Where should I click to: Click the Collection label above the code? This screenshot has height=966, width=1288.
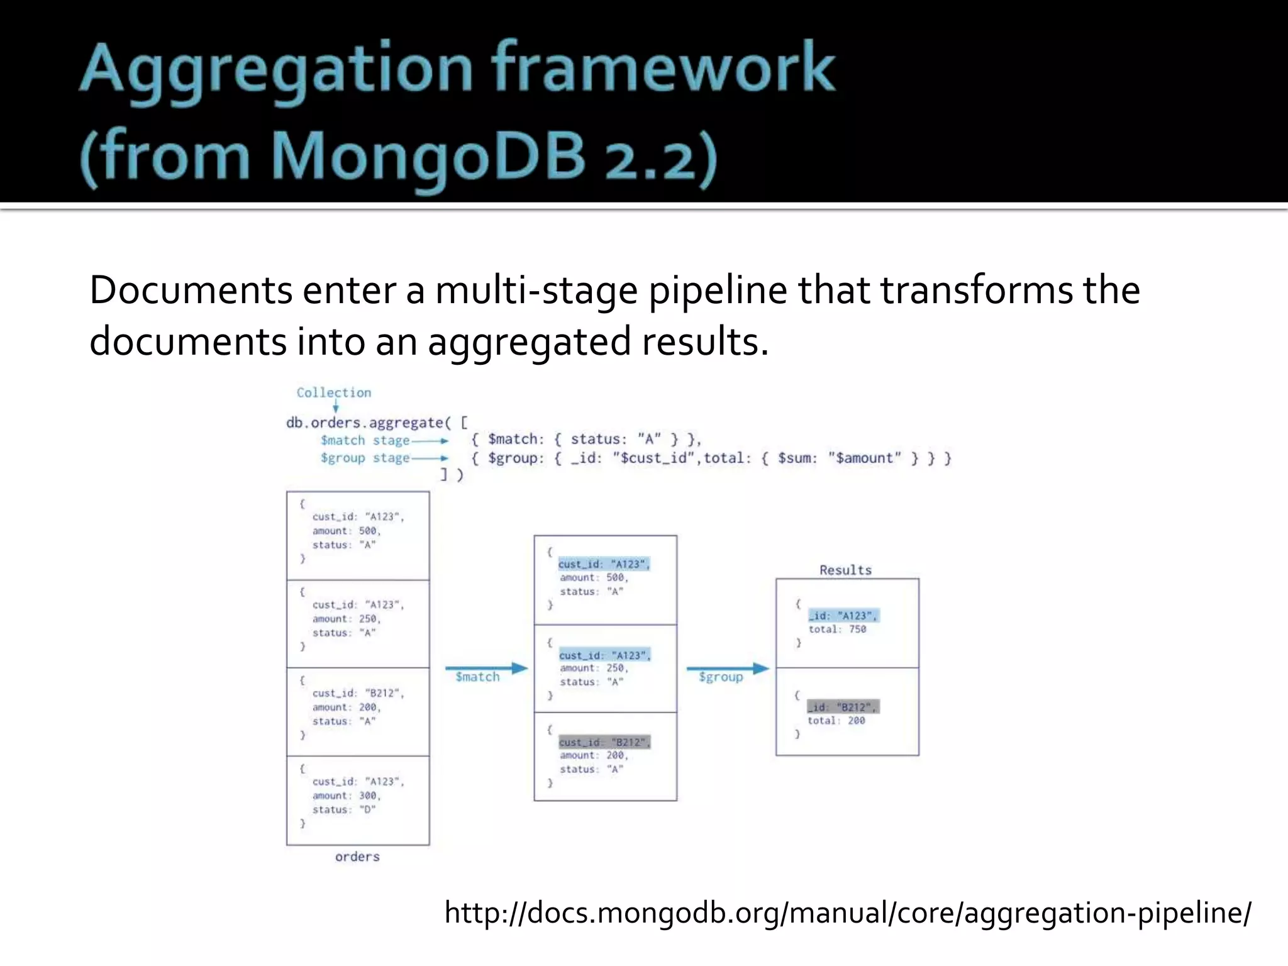click(334, 393)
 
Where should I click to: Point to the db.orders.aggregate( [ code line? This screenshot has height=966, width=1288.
click(377, 423)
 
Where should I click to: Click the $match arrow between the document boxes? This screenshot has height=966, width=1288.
click(486, 668)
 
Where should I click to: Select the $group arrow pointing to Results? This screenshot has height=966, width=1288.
click(728, 668)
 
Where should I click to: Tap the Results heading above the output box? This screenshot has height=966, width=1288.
click(845, 570)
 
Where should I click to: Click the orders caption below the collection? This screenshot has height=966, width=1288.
click(357, 857)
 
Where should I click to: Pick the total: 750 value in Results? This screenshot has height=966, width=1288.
click(837, 630)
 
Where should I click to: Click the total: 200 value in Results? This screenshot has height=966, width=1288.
click(836, 721)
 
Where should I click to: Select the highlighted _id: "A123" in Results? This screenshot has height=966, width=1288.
click(843, 616)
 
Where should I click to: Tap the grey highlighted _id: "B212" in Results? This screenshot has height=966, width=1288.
click(843, 707)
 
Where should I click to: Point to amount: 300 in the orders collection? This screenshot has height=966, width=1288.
click(347, 796)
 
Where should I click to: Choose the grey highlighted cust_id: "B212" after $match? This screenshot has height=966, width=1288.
click(604, 743)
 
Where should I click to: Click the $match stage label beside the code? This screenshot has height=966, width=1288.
click(365, 440)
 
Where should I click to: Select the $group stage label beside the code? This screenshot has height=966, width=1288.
click(365, 458)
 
